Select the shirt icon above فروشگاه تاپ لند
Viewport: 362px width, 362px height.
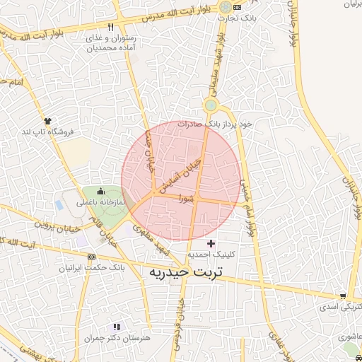click(47, 121)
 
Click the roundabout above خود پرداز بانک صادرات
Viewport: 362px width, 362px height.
click(210, 105)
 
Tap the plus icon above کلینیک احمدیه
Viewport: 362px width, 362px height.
click(211, 243)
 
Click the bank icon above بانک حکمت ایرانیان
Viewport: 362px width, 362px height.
click(91, 256)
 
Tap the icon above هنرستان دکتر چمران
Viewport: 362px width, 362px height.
click(117, 327)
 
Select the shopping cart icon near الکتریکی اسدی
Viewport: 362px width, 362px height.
click(343, 296)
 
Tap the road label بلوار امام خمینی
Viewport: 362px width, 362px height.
click(246, 205)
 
